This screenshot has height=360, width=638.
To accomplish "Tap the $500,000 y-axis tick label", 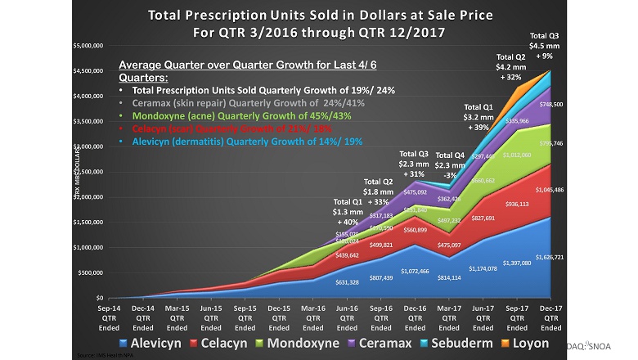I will coord(88,273).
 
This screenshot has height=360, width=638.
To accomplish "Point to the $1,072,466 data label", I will coord(415,271).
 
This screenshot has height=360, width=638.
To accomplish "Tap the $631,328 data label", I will coord(348,283).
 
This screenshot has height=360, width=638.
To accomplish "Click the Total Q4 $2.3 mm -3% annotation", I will coord(449,162).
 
